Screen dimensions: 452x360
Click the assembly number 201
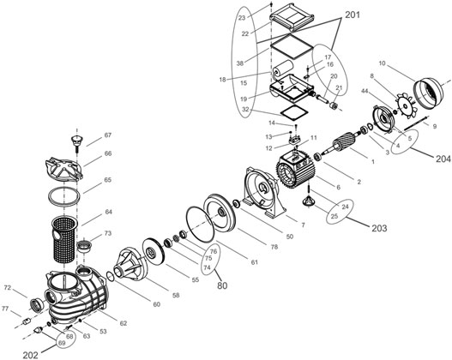pos(353,15)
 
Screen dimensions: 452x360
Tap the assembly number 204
pos(443,159)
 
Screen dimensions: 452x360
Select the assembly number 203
pos(379,228)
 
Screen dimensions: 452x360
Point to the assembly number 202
pos(30,356)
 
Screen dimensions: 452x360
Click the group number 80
pos(222,285)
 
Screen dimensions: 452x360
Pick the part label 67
pos(107,135)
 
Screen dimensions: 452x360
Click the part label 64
pos(108,212)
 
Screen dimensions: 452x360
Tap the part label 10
pos(382,63)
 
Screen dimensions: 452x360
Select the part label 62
pos(124,323)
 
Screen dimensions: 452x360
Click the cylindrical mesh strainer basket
pos(64,239)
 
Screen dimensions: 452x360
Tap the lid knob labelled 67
pos(77,143)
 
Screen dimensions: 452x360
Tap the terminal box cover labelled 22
pos(292,17)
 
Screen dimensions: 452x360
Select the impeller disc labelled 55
pos(154,251)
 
